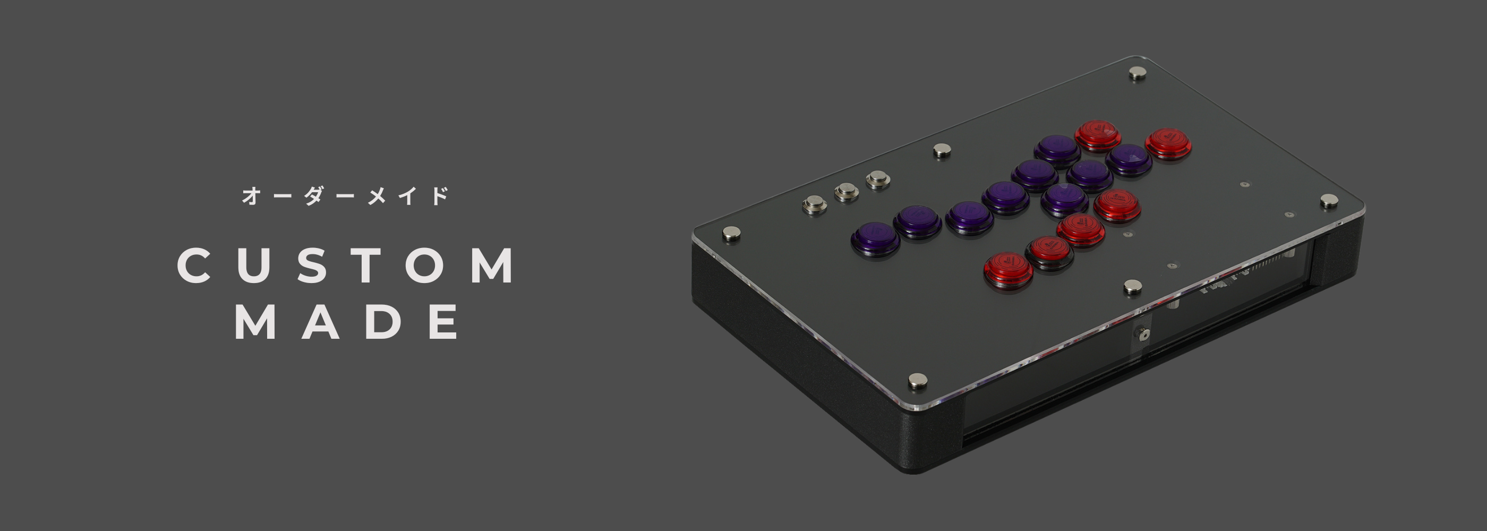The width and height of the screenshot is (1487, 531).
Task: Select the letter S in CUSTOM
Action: [314, 265]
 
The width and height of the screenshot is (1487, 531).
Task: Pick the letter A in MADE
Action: [321, 321]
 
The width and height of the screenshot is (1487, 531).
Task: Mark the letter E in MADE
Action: [446, 321]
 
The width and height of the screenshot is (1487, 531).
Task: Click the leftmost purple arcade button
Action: [875, 238]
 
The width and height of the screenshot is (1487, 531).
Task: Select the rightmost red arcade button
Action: [1168, 143]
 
